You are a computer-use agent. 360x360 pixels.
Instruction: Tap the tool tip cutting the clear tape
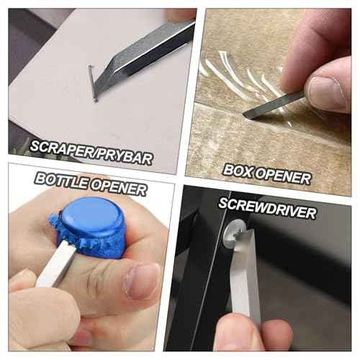(x=248, y=113)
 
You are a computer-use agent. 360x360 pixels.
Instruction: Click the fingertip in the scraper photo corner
(x=180, y=14)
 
